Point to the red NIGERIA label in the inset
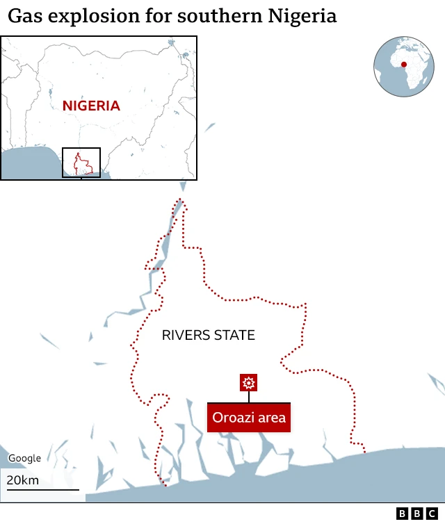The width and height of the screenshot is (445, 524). pos(91,106)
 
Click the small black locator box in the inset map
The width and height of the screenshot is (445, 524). pos(81,162)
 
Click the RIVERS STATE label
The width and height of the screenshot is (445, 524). pos(209,336)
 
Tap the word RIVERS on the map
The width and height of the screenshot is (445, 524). pos(186,336)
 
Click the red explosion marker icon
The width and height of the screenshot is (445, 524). pos(249,382)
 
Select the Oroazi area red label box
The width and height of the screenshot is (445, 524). pos(249,418)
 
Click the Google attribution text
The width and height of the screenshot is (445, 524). pos(24,459)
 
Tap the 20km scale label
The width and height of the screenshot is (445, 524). pos(23,480)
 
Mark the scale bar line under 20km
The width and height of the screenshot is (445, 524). pos(42,490)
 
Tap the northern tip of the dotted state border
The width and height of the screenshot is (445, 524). pos(181,202)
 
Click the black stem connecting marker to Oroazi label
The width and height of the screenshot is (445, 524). pos(249,397)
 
